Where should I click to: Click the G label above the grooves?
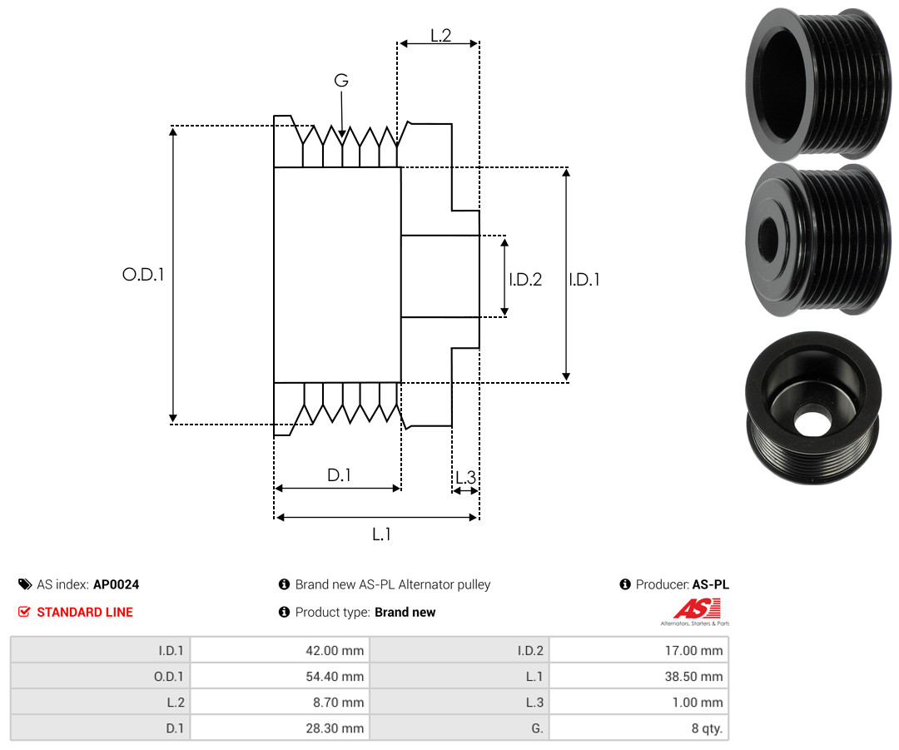click(341, 80)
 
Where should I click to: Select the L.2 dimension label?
click(441, 36)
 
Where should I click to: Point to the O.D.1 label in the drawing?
click(143, 275)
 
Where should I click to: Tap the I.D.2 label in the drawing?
click(525, 279)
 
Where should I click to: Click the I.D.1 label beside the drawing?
click(584, 279)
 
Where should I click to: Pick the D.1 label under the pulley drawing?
click(339, 474)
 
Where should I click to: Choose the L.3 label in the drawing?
click(465, 477)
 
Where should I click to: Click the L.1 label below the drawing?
click(381, 534)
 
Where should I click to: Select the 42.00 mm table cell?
click(280, 650)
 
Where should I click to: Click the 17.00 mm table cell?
click(638, 650)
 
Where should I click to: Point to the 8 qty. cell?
click(638, 728)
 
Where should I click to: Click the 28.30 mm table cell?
click(280, 728)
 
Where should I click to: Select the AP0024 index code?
click(117, 584)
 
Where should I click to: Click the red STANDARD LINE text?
click(85, 612)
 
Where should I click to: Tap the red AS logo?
click(698, 608)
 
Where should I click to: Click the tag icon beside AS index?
click(25, 584)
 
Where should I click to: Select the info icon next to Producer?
click(625, 584)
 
